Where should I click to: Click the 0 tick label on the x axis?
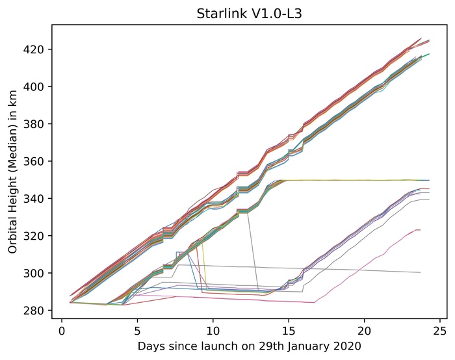click(x=61, y=329)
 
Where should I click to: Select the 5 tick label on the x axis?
click(x=137, y=329)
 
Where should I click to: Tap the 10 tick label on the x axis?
click(x=213, y=329)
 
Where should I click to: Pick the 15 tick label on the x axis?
click(x=289, y=329)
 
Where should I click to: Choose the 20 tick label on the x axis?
click(x=365, y=329)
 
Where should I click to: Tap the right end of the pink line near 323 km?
click(x=421, y=230)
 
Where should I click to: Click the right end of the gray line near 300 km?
click(x=421, y=272)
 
